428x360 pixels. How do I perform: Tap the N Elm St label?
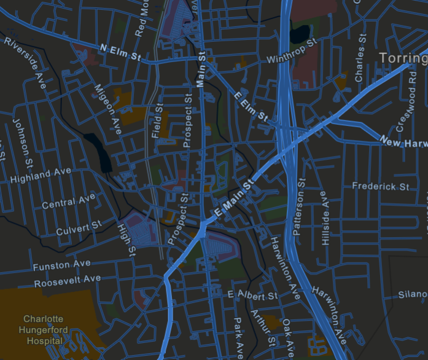(x=120, y=53)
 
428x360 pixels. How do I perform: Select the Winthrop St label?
(x=290, y=53)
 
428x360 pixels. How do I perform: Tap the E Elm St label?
(x=252, y=106)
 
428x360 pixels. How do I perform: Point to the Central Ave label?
(x=69, y=202)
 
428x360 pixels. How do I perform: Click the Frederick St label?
(x=380, y=185)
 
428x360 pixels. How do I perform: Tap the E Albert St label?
(x=252, y=295)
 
